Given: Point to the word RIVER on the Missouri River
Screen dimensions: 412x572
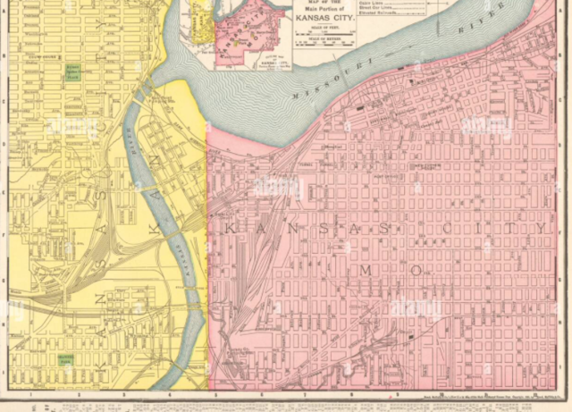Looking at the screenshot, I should (468, 32).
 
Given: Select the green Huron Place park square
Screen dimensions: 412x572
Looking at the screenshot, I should (72, 73).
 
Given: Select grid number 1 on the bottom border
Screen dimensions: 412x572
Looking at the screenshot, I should (31, 391).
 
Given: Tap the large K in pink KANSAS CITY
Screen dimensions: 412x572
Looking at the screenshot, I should (229, 229).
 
